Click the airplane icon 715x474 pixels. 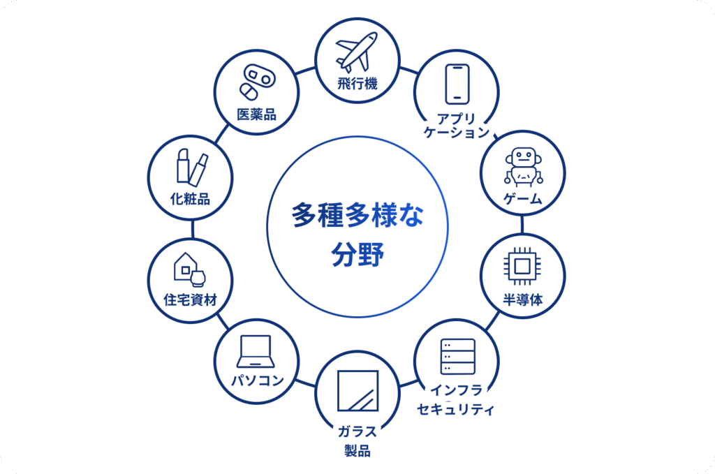(x=357, y=52)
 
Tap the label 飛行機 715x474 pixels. (x=357, y=84)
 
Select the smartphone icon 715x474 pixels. (x=457, y=84)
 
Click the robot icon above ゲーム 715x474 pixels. (x=524, y=167)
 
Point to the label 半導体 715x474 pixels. (x=523, y=299)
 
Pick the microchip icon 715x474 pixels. (x=522, y=266)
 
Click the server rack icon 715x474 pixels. (x=458, y=357)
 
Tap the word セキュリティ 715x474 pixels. (x=455, y=409)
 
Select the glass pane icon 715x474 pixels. (x=358, y=391)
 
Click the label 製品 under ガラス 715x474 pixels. (x=357, y=451)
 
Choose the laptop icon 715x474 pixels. (x=256, y=351)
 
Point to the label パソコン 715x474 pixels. (x=258, y=380)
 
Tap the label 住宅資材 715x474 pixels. (x=190, y=299)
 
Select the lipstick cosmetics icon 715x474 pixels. (x=192, y=168)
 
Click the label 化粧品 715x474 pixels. (x=190, y=199)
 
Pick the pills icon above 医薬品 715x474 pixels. (x=258, y=82)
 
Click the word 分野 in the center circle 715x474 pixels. (x=357, y=254)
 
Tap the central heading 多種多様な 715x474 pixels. (x=357, y=215)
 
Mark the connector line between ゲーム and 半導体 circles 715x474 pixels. (x=522, y=225)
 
